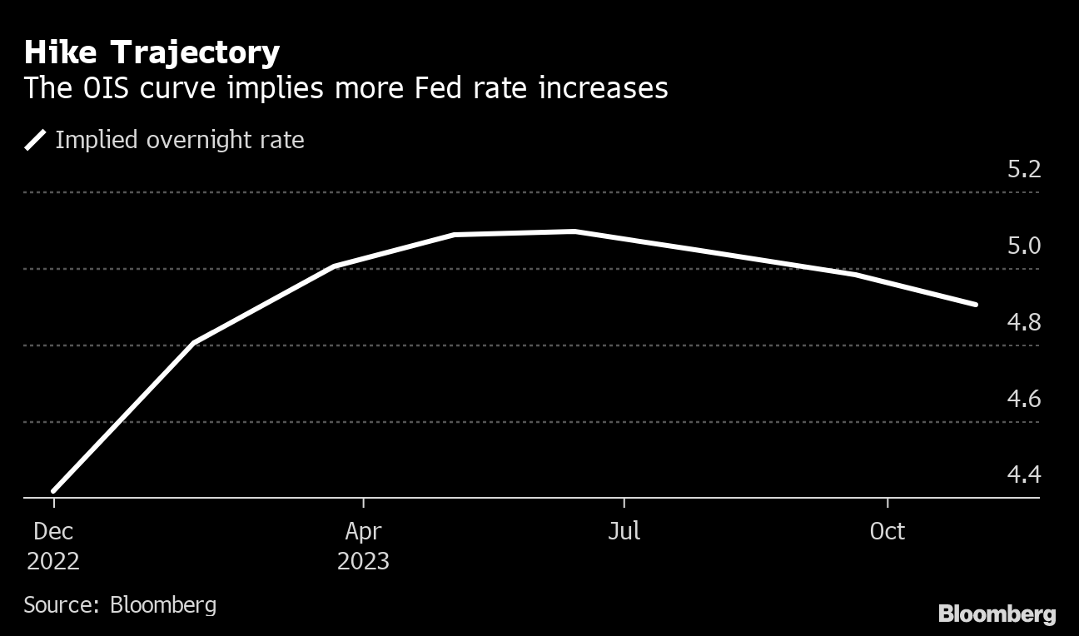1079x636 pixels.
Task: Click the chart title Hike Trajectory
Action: point(152,53)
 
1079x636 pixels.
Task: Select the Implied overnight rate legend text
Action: point(179,140)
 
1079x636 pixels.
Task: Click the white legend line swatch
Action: point(36,140)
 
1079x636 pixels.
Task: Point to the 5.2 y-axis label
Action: point(1023,170)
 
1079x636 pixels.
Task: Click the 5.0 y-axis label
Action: point(1023,246)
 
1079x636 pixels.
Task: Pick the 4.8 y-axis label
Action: point(1023,323)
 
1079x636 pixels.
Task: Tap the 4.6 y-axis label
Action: point(1023,400)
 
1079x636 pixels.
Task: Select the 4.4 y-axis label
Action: point(1023,475)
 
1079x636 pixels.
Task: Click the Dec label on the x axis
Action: point(53,531)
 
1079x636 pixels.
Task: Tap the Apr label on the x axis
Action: point(363,531)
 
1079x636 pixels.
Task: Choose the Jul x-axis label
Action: point(624,531)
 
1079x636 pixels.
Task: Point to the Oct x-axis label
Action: point(888,531)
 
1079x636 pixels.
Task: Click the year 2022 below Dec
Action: point(53,561)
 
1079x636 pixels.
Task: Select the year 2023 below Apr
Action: point(363,561)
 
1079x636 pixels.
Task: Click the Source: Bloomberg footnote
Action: point(120,604)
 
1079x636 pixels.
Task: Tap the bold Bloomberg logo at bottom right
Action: point(997,615)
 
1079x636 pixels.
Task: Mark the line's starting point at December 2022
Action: point(54,490)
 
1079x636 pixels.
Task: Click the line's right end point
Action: point(975,305)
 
